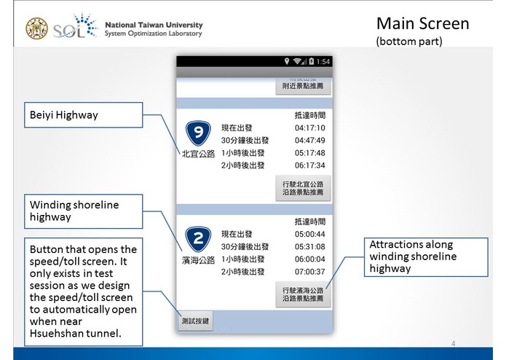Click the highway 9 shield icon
point(198,133)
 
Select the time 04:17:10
point(309,128)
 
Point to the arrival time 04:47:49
point(309,140)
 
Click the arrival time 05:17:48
point(309,153)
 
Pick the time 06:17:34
point(309,165)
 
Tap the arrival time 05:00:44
point(309,234)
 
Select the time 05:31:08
point(309,246)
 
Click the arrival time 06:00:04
point(309,259)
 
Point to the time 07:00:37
point(309,272)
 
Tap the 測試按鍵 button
point(195,321)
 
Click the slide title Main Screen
point(422,23)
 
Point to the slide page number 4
point(453,343)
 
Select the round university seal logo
point(37,28)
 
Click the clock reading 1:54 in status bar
point(323,61)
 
